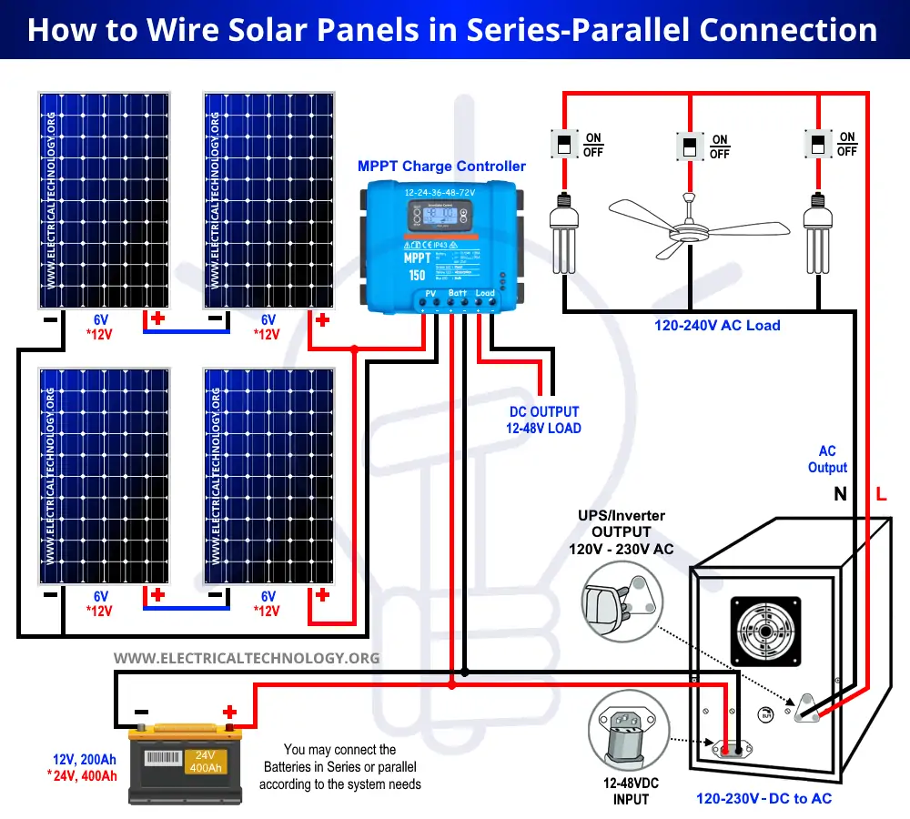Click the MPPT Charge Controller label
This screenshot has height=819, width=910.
[x=441, y=167]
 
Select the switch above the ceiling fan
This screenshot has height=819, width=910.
[x=689, y=147]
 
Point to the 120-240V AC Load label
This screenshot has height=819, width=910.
[x=717, y=325]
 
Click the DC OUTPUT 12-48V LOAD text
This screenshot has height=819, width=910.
[x=543, y=420]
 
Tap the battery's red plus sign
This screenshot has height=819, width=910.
[x=229, y=711]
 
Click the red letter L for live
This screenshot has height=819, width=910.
[x=881, y=495]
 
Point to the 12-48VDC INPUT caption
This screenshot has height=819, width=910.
[x=631, y=791]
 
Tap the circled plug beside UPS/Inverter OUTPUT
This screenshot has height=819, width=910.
[x=619, y=601]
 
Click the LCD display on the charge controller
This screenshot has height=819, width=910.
[x=441, y=217]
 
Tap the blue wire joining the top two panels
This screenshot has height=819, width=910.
[x=187, y=331]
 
